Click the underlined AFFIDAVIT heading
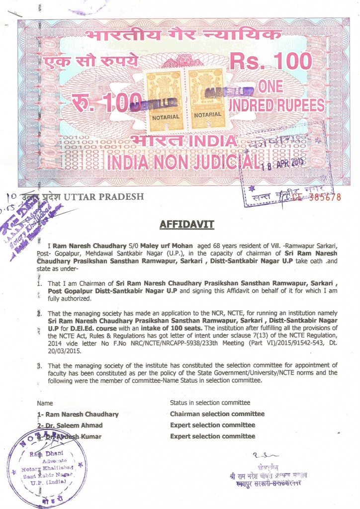pos(186,225)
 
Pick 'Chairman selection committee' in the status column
pos(217,414)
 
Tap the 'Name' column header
pos(45,403)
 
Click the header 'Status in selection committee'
pos(210,403)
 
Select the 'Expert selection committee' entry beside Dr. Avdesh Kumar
pos(212,436)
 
